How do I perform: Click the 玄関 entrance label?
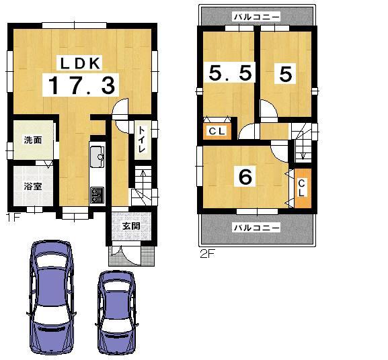tap(130, 226)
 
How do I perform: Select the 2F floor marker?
tap(206, 254)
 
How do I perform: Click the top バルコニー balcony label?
tap(256, 15)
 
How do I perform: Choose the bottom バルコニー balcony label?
tap(256, 228)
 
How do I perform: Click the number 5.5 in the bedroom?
tap(230, 73)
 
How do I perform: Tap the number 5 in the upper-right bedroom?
tap(285, 75)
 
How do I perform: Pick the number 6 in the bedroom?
tap(245, 177)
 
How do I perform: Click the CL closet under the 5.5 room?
tap(217, 131)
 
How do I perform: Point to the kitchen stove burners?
tap(96, 194)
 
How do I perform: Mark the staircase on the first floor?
tap(142, 186)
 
